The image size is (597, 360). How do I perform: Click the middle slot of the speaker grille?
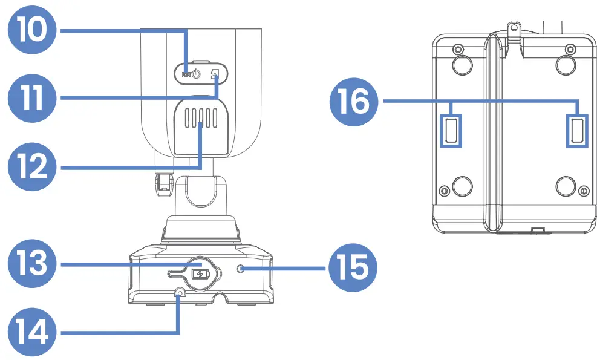tap(200, 118)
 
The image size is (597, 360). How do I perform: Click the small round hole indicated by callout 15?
tap(241, 268)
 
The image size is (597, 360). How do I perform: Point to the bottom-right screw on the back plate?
tap(583, 191)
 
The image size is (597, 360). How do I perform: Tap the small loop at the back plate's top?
tap(514, 27)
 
